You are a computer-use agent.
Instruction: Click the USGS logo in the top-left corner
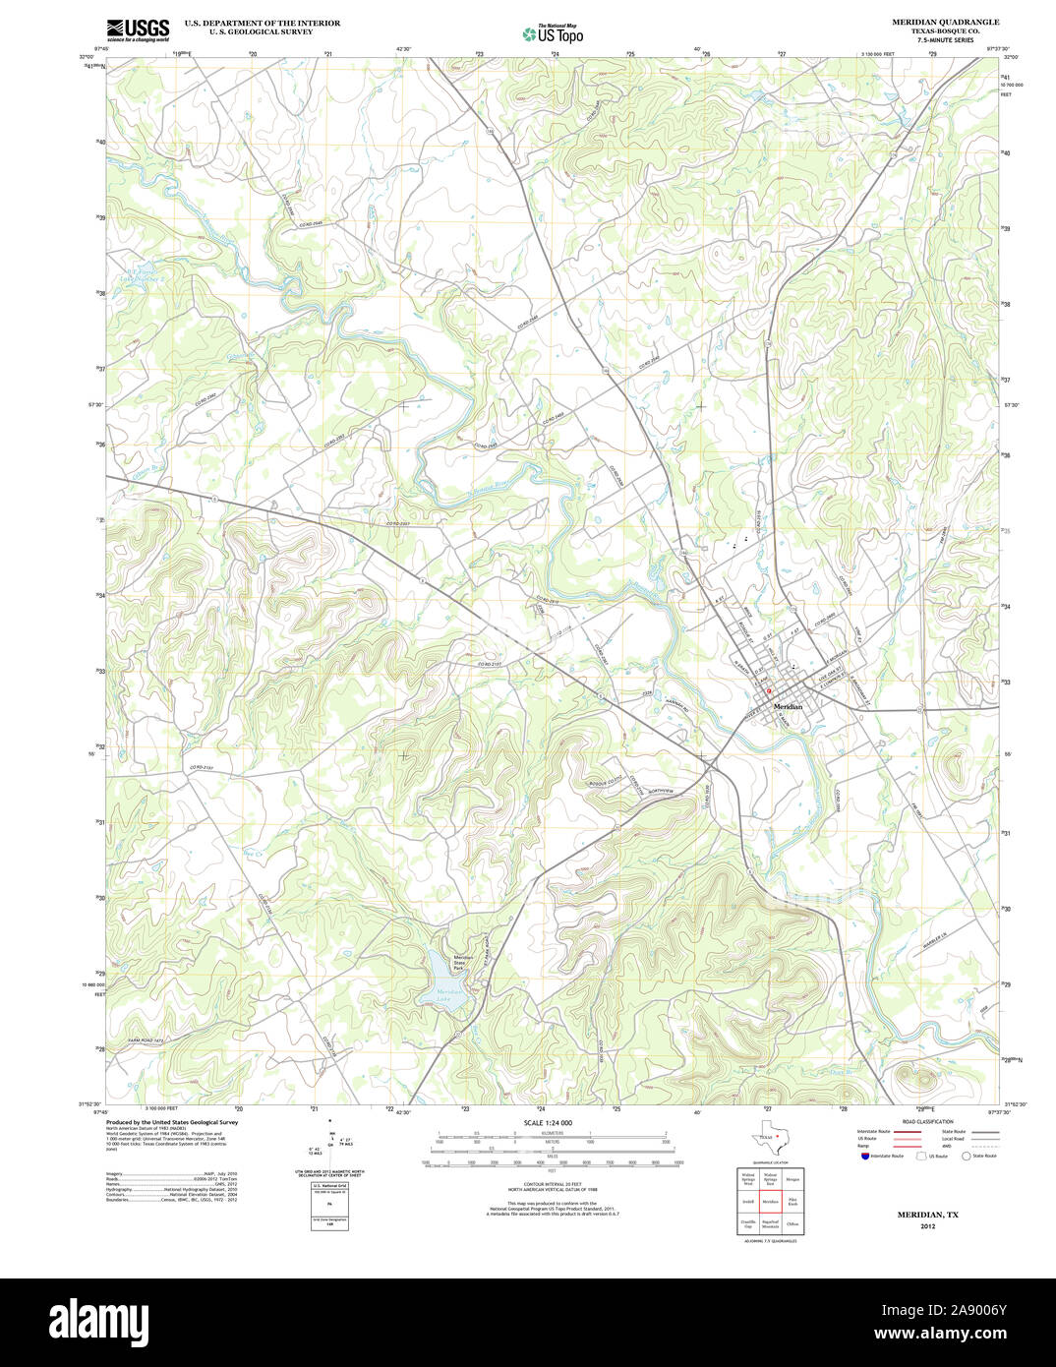(x=138, y=30)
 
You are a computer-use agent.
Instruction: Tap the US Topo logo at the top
(x=553, y=33)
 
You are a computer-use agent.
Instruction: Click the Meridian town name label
(x=788, y=707)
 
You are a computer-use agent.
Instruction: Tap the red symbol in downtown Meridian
(x=769, y=691)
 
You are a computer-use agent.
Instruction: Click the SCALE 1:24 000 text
(x=548, y=1123)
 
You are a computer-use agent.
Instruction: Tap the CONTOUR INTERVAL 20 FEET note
(x=549, y=1184)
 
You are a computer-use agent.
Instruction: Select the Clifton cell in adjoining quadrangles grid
(x=792, y=1224)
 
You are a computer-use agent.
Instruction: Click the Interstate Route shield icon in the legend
(x=864, y=1156)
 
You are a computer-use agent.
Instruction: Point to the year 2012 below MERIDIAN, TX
(x=927, y=1226)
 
